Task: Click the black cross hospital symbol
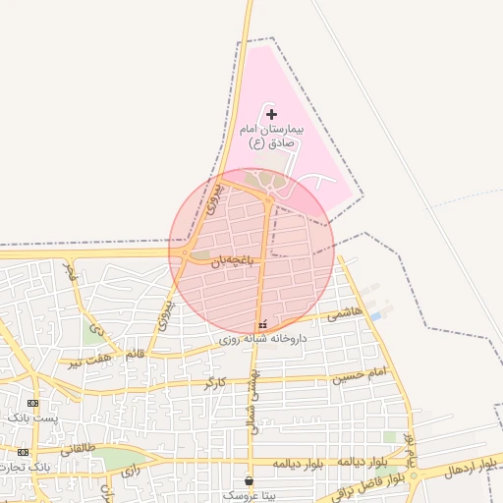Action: [272, 115]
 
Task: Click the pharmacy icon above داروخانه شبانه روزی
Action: [261, 324]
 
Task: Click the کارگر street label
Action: [215, 380]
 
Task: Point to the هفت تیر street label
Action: [89, 361]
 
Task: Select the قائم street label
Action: [136, 352]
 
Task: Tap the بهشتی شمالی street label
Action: [253, 401]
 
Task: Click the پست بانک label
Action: [32, 418]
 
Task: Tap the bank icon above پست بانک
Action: [33, 403]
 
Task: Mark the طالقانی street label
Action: [79, 449]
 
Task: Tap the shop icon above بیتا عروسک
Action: [248, 481]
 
